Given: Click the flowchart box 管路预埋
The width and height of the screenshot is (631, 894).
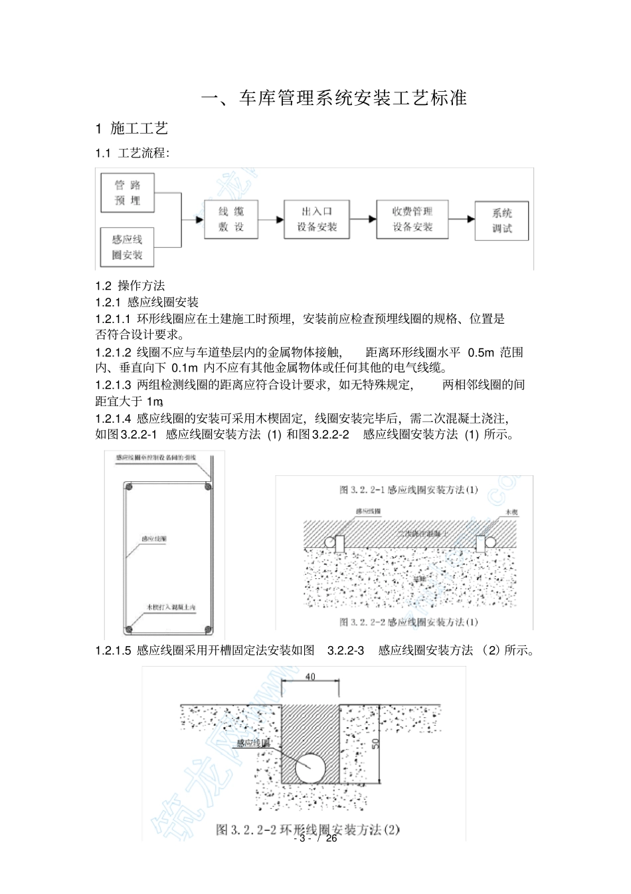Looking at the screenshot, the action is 127,193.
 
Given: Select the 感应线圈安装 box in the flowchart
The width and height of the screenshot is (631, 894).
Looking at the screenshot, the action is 127,247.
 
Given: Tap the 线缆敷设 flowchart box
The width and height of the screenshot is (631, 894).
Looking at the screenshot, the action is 231,219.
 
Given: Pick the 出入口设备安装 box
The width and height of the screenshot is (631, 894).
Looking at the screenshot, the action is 317,219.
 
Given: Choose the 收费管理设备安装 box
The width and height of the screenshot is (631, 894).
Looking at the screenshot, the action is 412,219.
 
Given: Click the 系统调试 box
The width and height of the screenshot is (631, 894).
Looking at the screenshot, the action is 501,221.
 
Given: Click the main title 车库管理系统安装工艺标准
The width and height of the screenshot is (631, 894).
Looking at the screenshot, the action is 334,98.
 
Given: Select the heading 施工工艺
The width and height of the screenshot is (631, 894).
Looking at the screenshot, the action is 139,128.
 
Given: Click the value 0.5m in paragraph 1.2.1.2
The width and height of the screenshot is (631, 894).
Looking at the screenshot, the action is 481,352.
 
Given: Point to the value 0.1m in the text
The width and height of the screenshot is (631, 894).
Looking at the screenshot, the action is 185,368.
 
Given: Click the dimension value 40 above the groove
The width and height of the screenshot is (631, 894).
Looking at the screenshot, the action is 310,677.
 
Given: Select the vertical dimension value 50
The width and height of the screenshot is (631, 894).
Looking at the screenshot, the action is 375,742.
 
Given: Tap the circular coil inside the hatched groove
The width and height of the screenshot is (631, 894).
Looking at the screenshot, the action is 310,768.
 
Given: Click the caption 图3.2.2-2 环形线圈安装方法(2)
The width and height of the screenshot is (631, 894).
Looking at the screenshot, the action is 308,830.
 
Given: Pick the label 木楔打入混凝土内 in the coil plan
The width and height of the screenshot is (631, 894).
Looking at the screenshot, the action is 171,607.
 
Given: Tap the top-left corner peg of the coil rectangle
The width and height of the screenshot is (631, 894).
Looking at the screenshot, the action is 130,487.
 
